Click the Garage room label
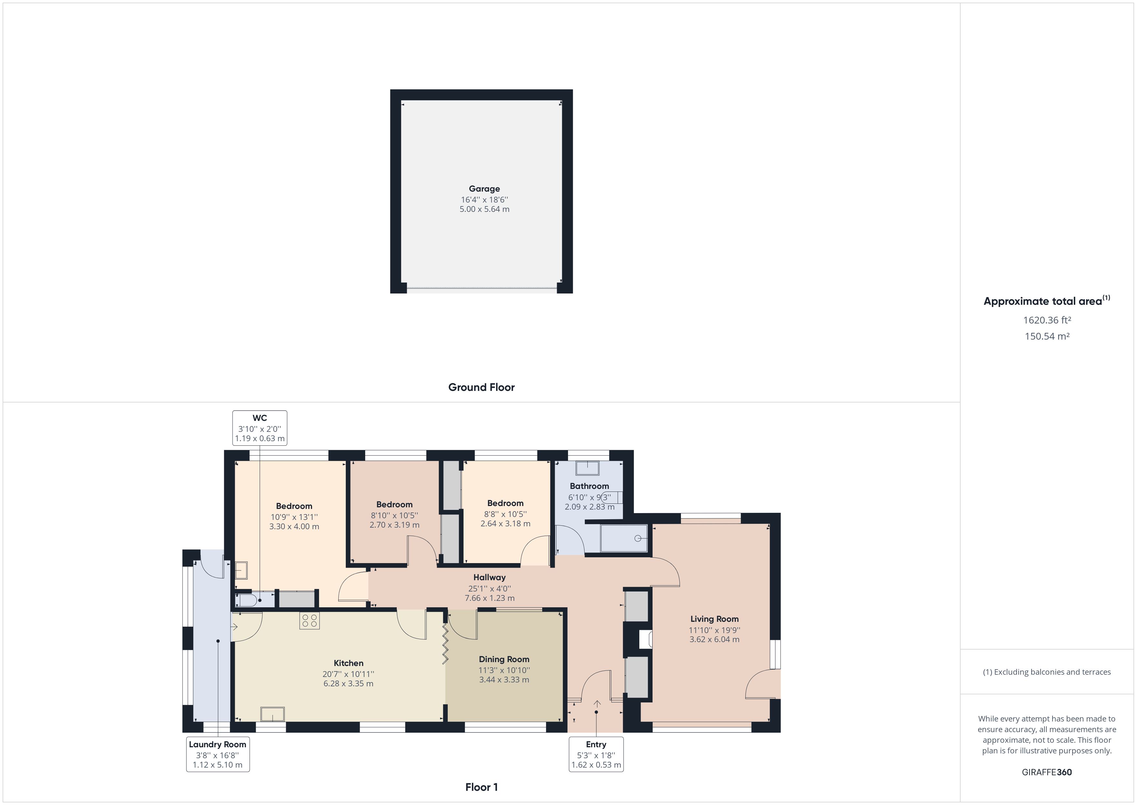pos(484,189)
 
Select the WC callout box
pos(260,428)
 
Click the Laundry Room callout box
pos(218,754)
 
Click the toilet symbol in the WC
pos(246,600)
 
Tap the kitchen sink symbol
pos(273,714)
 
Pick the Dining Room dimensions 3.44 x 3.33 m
pos(504,680)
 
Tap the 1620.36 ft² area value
pos(1047,320)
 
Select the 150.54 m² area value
pos(1047,336)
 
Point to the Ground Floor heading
pos(481,387)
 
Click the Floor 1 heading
pos(481,787)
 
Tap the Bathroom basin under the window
pos(587,468)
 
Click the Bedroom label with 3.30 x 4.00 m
pos(294,506)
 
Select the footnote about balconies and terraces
pos(1047,672)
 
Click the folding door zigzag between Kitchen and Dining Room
pos(445,643)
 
